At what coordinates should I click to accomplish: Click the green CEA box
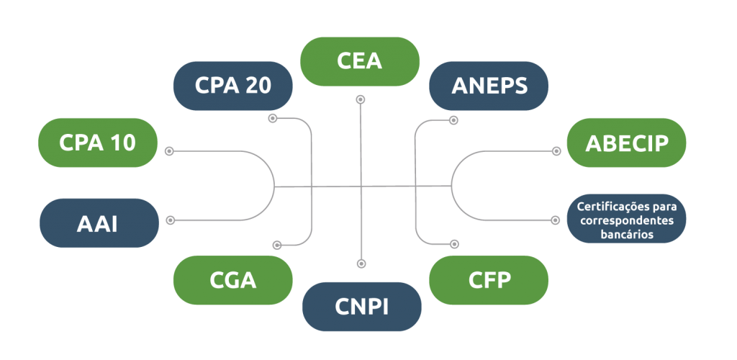(x=359, y=60)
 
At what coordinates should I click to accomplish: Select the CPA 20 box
(x=232, y=86)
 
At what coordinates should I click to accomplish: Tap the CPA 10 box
(x=97, y=143)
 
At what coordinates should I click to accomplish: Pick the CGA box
(x=232, y=280)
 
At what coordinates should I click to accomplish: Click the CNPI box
(x=361, y=306)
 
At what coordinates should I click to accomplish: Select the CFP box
(x=489, y=280)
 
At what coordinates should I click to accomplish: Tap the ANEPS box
(x=489, y=86)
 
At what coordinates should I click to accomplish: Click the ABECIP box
(x=626, y=143)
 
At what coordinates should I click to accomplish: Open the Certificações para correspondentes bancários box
(x=626, y=219)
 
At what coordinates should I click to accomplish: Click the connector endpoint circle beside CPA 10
(x=170, y=151)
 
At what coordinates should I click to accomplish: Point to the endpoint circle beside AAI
(x=170, y=220)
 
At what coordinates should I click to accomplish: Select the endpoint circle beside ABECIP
(x=556, y=151)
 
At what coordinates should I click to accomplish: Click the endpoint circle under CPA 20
(x=272, y=118)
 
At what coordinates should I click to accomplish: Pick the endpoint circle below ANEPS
(x=453, y=120)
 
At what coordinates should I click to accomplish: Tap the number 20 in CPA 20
(x=257, y=86)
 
